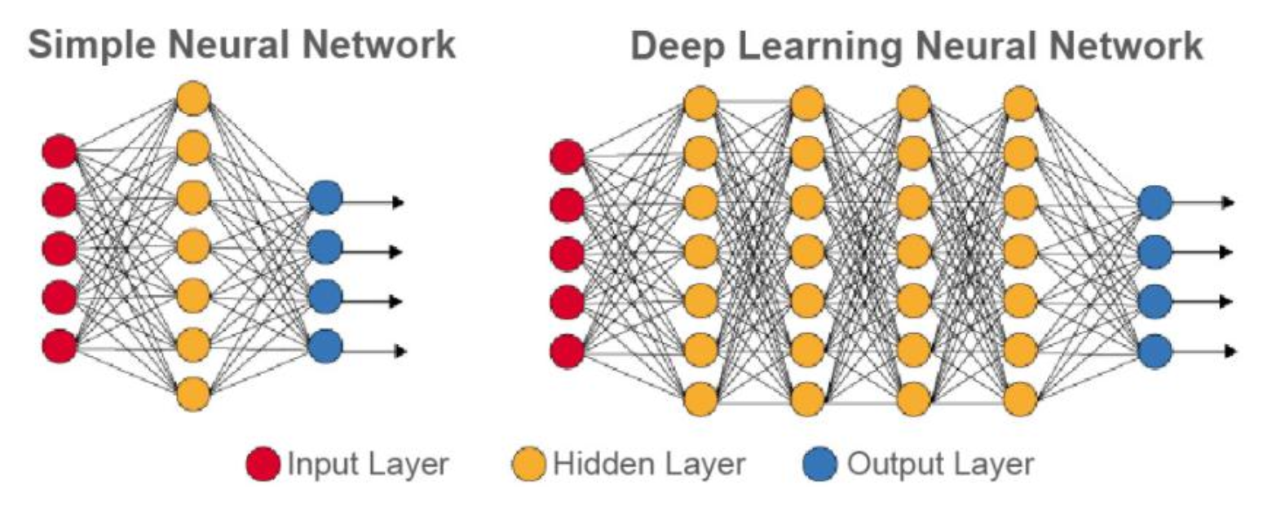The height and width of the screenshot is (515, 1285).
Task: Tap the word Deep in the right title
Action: (x=678, y=46)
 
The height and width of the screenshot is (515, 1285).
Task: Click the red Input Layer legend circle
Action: (x=263, y=464)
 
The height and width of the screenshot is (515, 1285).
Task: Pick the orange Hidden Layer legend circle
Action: (x=528, y=464)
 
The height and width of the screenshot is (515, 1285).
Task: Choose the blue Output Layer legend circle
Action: (x=820, y=464)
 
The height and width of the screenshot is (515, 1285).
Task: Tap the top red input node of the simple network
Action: (x=60, y=152)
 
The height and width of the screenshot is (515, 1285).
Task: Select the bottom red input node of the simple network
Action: (x=60, y=345)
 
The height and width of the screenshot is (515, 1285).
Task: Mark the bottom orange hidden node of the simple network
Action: (x=193, y=394)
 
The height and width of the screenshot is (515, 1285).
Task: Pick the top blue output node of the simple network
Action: (x=325, y=198)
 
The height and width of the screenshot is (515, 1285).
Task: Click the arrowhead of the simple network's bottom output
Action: (x=400, y=351)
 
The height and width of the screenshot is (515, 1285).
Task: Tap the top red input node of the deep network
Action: (x=567, y=157)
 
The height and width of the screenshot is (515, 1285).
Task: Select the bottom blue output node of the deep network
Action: (x=1155, y=352)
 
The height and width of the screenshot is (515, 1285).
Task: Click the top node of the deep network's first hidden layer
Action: (x=700, y=104)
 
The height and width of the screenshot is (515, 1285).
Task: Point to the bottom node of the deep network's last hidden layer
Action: (x=1020, y=399)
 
